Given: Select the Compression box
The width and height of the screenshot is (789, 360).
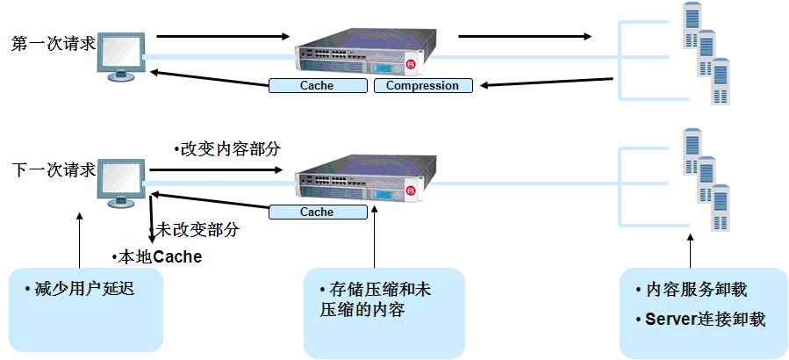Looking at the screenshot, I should coord(422,86).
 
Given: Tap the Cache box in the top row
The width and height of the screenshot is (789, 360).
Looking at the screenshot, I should coord(317,86).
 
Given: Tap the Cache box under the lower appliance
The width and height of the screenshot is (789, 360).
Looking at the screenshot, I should coord(317,212).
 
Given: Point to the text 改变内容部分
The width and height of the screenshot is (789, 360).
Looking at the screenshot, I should coord(230,148).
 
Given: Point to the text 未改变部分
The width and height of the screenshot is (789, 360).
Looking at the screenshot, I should coord(195,230).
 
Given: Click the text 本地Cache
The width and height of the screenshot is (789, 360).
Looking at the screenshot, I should coord(159,257).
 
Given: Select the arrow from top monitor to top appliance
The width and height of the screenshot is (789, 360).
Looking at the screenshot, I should coord(223,37).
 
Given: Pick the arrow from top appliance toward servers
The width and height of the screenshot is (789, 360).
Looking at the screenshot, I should coord(525,37).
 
